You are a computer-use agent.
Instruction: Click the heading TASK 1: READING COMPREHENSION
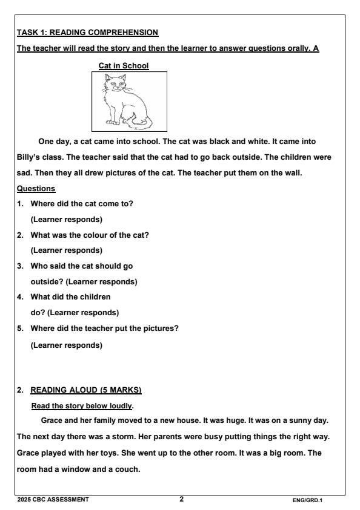coord(87,31)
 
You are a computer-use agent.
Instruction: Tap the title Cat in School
coord(123,65)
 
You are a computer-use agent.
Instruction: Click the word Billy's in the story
coord(30,157)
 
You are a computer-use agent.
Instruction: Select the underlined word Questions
coord(36,188)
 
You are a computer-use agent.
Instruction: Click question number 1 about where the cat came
coord(81,203)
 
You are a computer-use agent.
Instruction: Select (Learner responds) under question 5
coord(66,345)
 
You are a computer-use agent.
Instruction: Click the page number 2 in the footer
coord(181,499)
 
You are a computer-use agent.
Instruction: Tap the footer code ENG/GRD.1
coord(308,500)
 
